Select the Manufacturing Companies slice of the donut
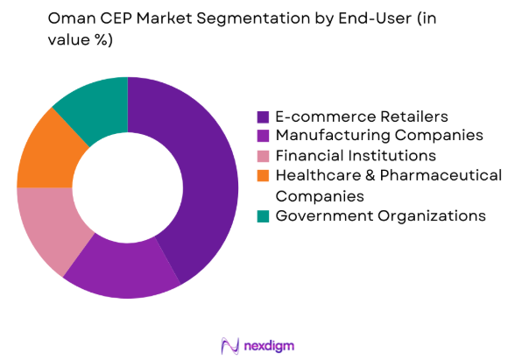(x=123, y=272)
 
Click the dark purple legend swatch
(x=263, y=116)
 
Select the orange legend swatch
(x=263, y=176)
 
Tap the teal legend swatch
(x=263, y=215)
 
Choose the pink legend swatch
(x=263, y=156)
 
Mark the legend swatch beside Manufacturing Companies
(x=263, y=136)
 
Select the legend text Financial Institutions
(x=355, y=156)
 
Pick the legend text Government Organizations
(x=380, y=215)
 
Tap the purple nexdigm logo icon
(x=231, y=343)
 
